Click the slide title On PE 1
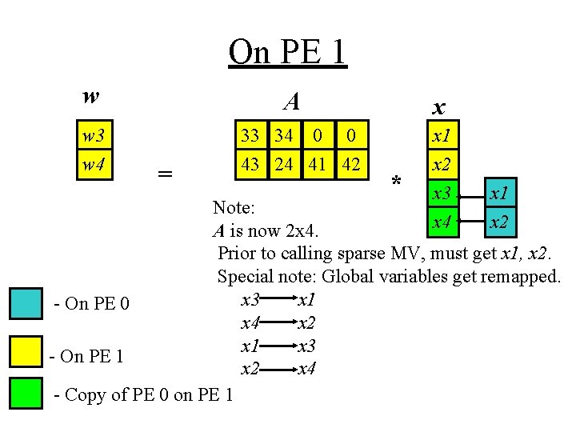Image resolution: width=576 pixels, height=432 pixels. click(x=287, y=52)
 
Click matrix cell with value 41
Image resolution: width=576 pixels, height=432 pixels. click(x=317, y=164)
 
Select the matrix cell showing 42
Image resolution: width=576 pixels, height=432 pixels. click(x=350, y=164)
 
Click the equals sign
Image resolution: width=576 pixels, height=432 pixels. click(x=165, y=174)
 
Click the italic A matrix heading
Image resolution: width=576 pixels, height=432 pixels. click(x=292, y=102)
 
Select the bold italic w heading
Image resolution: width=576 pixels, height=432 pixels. click(x=91, y=96)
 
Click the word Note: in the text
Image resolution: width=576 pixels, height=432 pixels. click(x=234, y=207)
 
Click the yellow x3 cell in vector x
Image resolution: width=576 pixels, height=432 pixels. click(x=440, y=193)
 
